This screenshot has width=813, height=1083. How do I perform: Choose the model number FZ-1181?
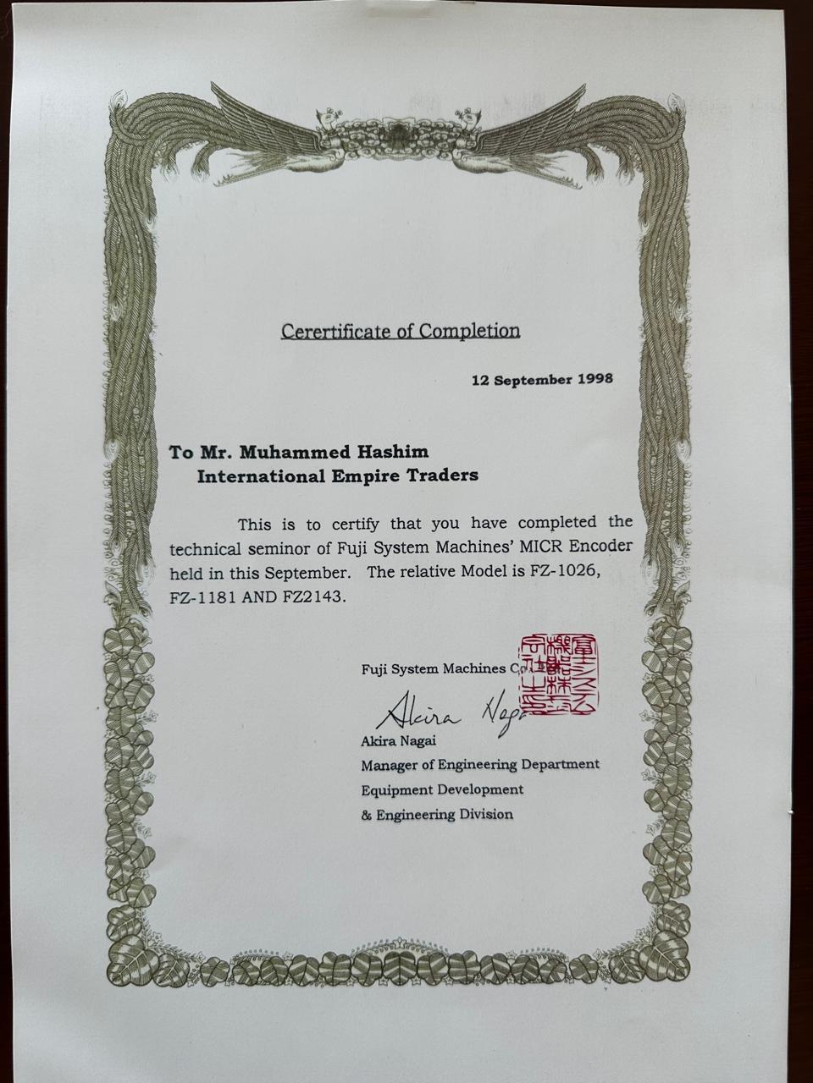pos(203,596)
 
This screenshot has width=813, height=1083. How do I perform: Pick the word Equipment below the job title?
pos(395,789)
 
